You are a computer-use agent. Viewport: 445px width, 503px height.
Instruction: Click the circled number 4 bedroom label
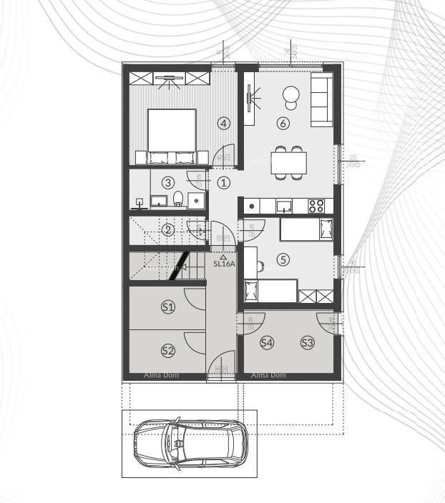tap(224, 123)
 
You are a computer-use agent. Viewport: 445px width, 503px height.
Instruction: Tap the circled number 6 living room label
tap(283, 123)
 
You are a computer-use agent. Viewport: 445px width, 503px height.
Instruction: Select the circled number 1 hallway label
tap(224, 182)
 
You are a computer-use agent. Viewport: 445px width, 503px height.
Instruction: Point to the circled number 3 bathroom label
tap(168, 182)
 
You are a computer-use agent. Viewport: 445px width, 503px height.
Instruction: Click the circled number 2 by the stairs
tap(168, 229)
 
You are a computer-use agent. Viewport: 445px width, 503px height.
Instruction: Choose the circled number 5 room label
tap(283, 259)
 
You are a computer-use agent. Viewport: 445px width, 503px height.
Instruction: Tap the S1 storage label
tap(168, 307)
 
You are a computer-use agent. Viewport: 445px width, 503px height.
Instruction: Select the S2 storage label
tap(168, 350)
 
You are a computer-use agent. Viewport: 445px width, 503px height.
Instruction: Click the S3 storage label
tap(307, 342)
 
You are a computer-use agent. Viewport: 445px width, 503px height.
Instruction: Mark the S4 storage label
tap(267, 342)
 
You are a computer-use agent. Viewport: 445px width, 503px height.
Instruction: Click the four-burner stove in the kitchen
tap(316, 206)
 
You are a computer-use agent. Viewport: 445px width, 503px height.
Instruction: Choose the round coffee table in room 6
tap(291, 94)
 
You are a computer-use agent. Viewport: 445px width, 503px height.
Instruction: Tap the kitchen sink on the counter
tap(284, 206)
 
